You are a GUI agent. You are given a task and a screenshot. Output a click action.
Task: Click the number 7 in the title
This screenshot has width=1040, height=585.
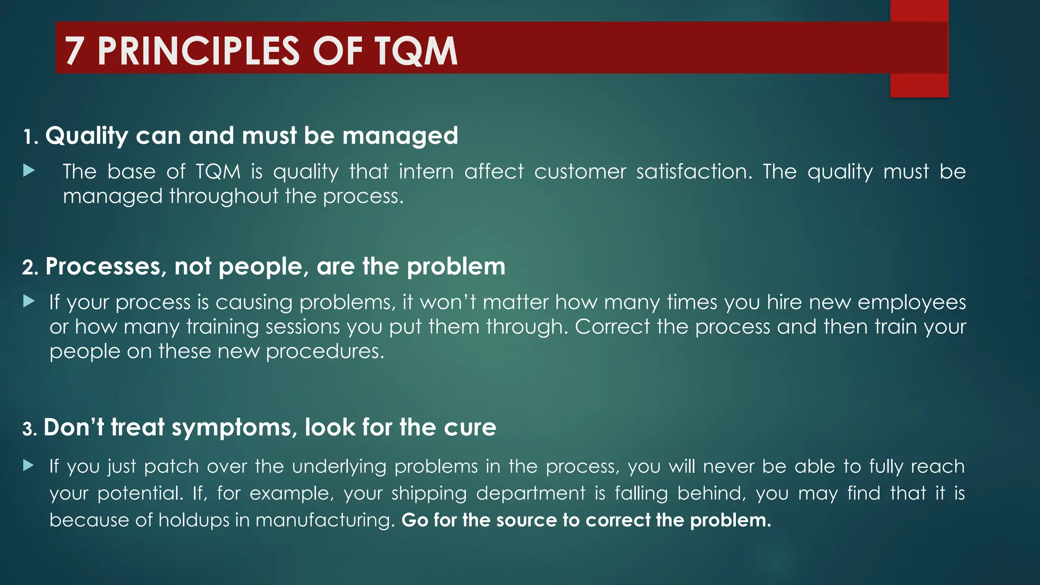click(x=75, y=51)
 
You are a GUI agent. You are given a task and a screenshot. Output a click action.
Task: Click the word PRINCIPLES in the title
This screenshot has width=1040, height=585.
click(x=199, y=51)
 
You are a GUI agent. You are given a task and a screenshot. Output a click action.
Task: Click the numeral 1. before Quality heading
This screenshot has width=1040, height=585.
click(x=31, y=137)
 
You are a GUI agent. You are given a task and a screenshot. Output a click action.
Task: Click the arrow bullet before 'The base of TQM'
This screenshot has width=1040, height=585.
click(x=29, y=171)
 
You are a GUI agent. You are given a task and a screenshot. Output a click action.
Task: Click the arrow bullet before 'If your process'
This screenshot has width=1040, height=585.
click(x=29, y=302)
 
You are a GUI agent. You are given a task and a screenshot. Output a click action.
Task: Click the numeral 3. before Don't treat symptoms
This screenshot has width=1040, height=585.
click(x=29, y=429)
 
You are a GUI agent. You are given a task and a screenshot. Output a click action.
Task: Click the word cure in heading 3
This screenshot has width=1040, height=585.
click(x=470, y=428)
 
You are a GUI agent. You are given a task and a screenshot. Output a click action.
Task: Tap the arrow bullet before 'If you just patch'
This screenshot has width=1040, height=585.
click(x=29, y=465)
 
